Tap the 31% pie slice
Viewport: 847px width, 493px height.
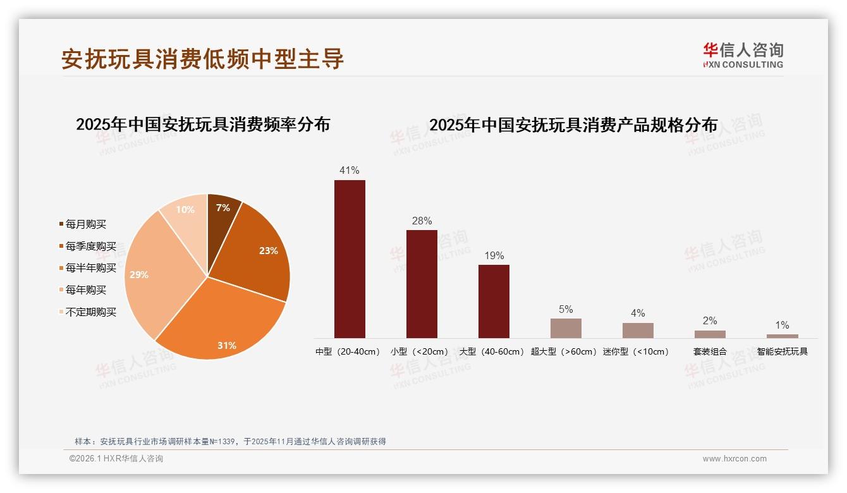[224, 322]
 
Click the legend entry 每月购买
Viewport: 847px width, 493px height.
[85, 224]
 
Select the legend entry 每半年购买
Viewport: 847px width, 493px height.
[90, 268]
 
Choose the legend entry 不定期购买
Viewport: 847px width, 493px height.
[90, 312]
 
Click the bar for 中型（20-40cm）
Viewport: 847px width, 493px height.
[350, 259]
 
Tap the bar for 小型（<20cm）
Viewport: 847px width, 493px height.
[422, 284]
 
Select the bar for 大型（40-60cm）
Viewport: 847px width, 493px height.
[494, 301]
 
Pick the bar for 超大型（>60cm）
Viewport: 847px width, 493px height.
[566, 328]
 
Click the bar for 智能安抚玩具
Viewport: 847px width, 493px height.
[782, 336]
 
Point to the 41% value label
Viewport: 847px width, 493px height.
[350, 171]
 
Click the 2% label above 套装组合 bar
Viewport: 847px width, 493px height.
[710, 321]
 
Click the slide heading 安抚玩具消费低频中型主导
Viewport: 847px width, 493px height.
[202, 59]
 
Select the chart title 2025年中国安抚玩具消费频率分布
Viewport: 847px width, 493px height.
[203, 125]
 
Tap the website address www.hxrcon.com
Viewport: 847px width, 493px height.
[734, 459]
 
